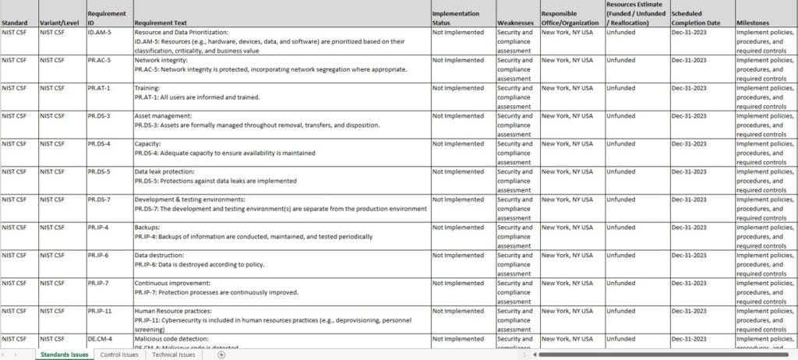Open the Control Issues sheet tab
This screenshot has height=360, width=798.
(119, 355)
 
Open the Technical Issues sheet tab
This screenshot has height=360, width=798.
(173, 355)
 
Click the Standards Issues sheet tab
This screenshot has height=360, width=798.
(65, 355)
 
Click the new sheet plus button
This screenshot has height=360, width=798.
(221, 355)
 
